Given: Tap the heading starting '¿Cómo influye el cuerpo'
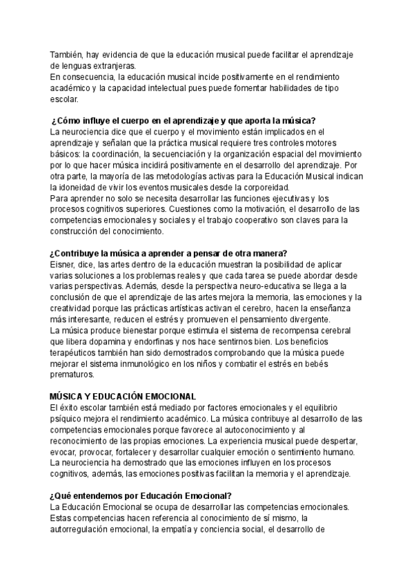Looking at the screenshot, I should tap(183, 119).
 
